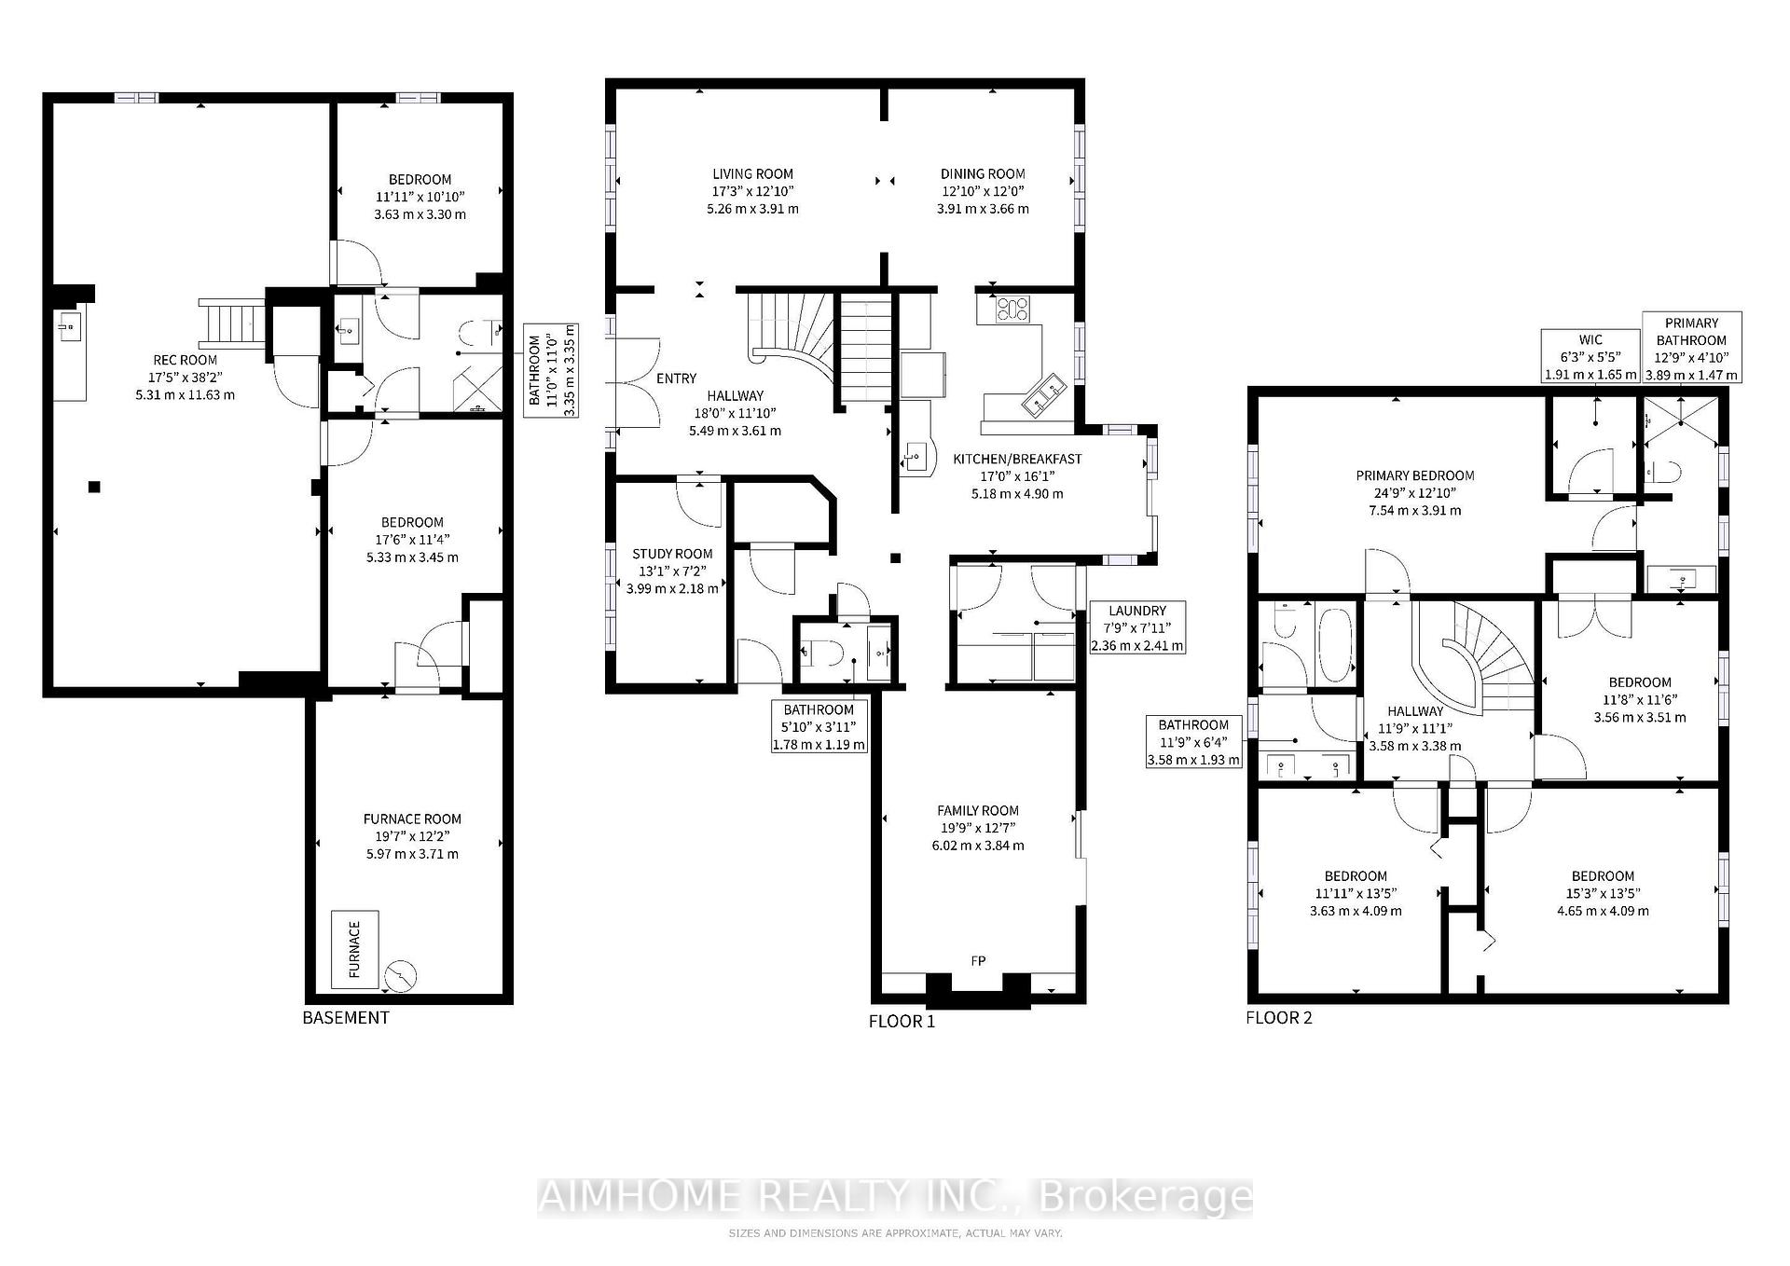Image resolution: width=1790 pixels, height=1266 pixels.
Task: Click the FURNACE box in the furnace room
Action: pyautogui.click(x=354, y=950)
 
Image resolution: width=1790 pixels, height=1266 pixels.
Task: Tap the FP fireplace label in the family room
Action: pyautogui.click(x=978, y=961)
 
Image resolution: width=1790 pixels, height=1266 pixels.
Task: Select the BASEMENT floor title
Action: pyautogui.click(x=346, y=1017)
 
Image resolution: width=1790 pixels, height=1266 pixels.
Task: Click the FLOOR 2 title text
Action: pyautogui.click(x=1279, y=1017)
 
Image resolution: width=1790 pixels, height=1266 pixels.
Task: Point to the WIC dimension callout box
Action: pyautogui.click(x=1590, y=356)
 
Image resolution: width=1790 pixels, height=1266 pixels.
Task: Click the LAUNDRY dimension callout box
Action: pyautogui.click(x=1137, y=627)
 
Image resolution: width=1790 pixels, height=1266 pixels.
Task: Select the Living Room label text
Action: pyautogui.click(x=752, y=173)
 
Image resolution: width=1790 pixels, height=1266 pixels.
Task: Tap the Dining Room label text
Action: pyautogui.click(x=983, y=173)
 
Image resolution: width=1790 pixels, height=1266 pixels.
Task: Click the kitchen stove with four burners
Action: pyautogui.click(x=1012, y=309)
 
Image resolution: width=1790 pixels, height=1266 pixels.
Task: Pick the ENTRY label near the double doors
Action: pyautogui.click(x=676, y=378)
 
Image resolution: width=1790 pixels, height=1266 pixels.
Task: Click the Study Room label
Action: pyautogui.click(x=672, y=553)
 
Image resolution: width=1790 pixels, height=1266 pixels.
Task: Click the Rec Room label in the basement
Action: pyautogui.click(x=185, y=360)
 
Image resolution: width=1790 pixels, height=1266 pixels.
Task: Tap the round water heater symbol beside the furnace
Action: pyautogui.click(x=402, y=976)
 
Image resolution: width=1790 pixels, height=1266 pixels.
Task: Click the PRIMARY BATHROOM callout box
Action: pyautogui.click(x=1691, y=348)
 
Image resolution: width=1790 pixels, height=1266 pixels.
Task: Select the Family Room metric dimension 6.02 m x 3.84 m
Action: pyautogui.click(x=978, y=846)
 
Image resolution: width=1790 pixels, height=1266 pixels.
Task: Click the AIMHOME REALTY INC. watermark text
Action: pyautogui.click(x=894, y=1197)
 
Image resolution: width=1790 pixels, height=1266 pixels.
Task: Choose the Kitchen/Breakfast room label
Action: pyautogui.click(x=1017, y=459)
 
